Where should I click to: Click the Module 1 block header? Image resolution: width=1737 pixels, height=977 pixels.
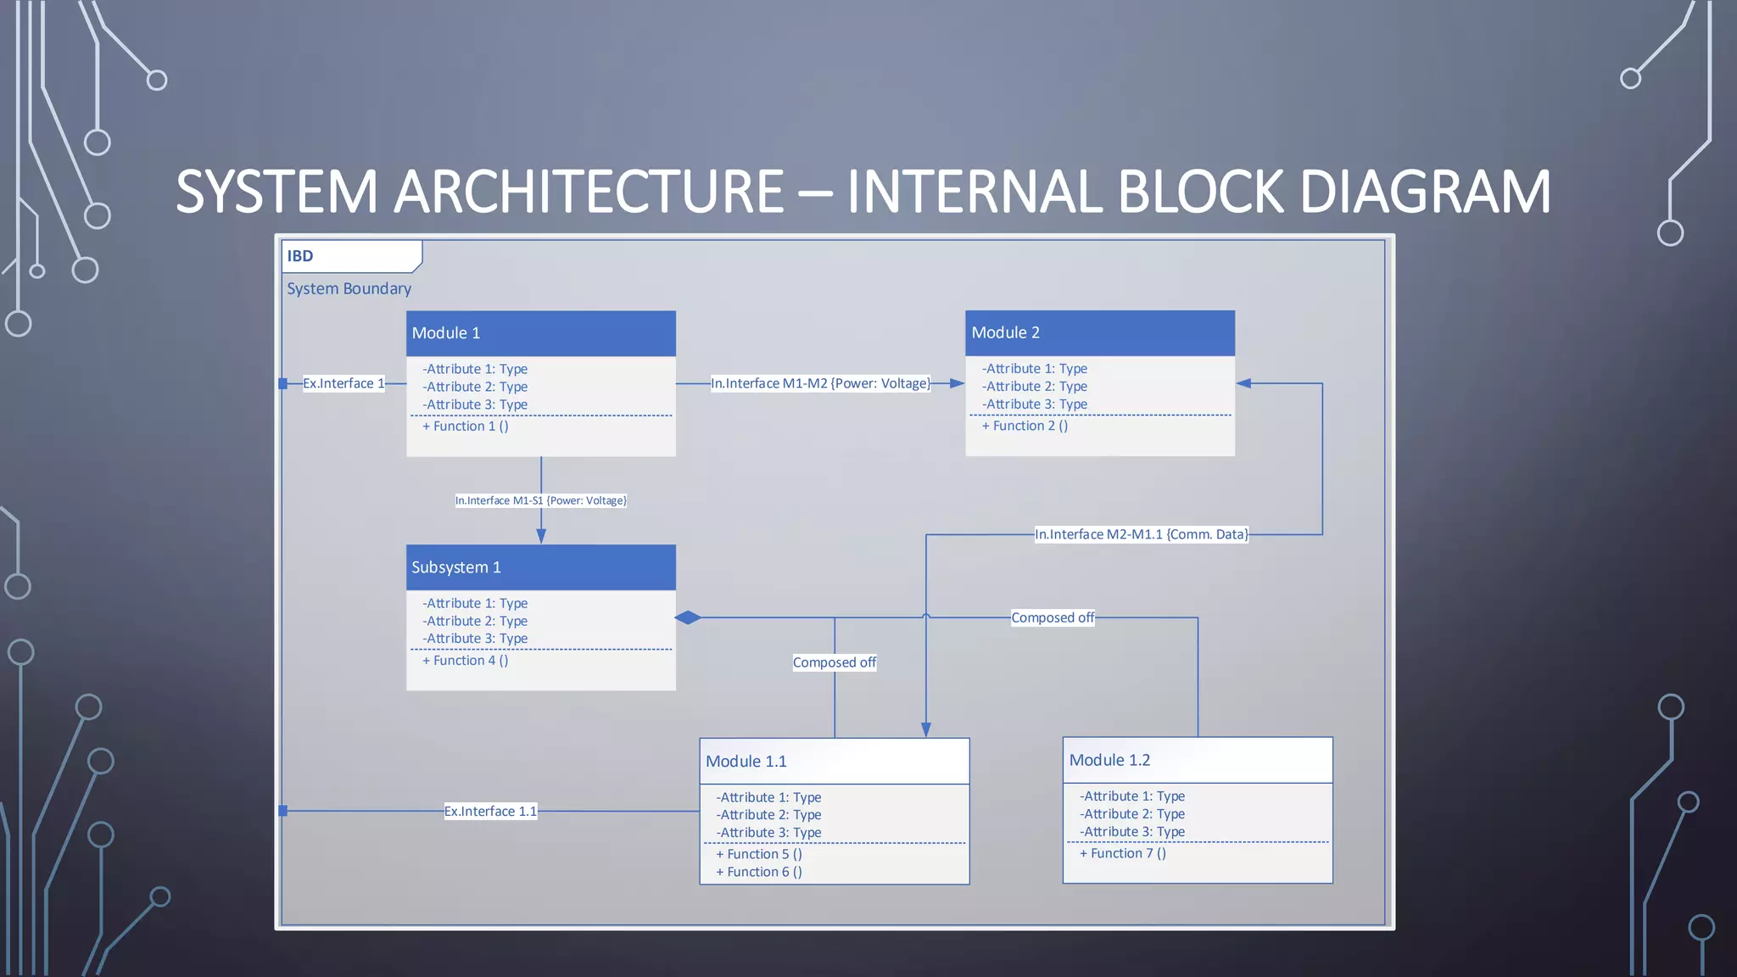click(540, 333)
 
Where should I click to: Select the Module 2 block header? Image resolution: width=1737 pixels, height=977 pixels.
click(1099, 333)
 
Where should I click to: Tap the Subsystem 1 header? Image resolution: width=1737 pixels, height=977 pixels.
click(540, 567)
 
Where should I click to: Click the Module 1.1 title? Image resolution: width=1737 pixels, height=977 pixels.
click(746, 762)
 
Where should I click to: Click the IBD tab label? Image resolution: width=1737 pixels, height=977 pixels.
click(300, 256)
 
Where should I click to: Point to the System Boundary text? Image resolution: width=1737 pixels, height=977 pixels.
click(349, 289)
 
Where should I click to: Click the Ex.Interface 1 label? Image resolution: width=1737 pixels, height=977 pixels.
click(343, 383)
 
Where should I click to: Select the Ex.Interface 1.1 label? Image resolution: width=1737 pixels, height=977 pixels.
click(490, 812)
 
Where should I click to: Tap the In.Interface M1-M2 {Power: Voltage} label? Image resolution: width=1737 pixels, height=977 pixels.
click(820, 383)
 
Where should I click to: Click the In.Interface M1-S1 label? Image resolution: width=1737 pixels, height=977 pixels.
click(540, 501)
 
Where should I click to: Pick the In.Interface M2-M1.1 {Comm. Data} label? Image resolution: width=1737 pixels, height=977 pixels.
click(1141, 534)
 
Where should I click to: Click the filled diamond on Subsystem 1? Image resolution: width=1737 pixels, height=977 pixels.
click(688, 617)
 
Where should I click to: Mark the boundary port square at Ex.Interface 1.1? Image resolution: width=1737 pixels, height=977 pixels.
click(283, 812)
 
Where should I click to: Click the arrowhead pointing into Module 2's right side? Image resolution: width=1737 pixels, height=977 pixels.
click(1245, 383)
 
